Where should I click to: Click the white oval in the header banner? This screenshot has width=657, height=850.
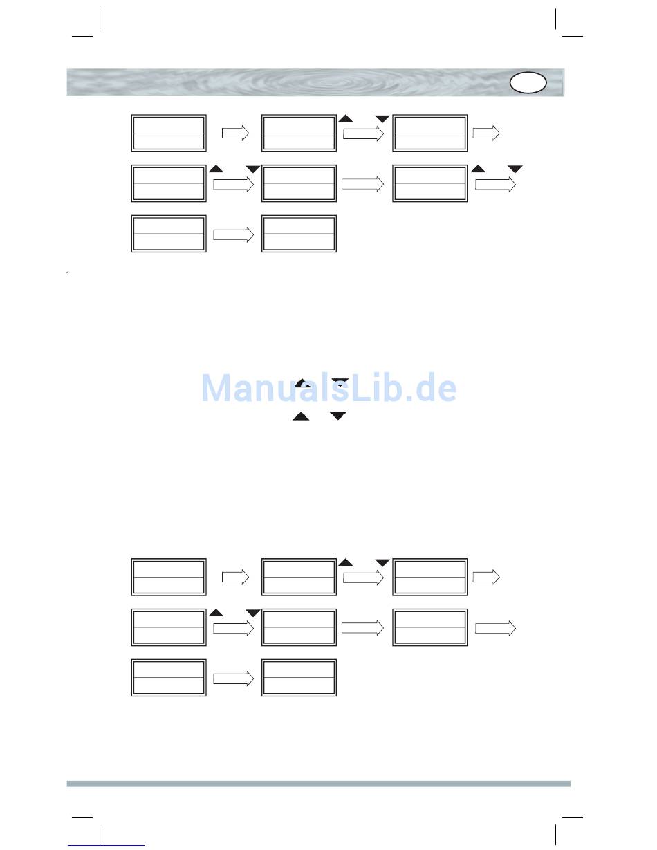(x=528, y=83)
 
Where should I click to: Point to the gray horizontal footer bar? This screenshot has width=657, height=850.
(x=318, y=784)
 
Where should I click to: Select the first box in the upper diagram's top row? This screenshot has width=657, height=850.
(x=169, y=133)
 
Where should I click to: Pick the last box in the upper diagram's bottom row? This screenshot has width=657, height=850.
(x=299, y=234)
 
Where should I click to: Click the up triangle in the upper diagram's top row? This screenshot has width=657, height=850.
(x=346, y=119)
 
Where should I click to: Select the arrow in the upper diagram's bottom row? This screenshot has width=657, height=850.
(x=234, y=235)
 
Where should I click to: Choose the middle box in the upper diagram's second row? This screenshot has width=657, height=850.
(x=299, y=183)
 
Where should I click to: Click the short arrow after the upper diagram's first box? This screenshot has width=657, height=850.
(x=235, y=134)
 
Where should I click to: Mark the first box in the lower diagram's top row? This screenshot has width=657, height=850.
(x=169, y=577)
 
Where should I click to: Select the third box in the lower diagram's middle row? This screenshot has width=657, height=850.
(x=429, y=627)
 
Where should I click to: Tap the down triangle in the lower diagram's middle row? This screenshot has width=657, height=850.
(x=252, y=613)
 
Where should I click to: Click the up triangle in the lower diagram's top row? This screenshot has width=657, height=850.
(x=346, y=562)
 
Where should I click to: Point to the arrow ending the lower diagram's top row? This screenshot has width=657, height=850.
(x=486, y=578)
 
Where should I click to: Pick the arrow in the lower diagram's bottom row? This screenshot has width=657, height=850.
(x=234, y=679)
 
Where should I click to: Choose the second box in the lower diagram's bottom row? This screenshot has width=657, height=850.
(x=299, y=678)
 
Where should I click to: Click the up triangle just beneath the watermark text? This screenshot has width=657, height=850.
(x=301, y=416)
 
